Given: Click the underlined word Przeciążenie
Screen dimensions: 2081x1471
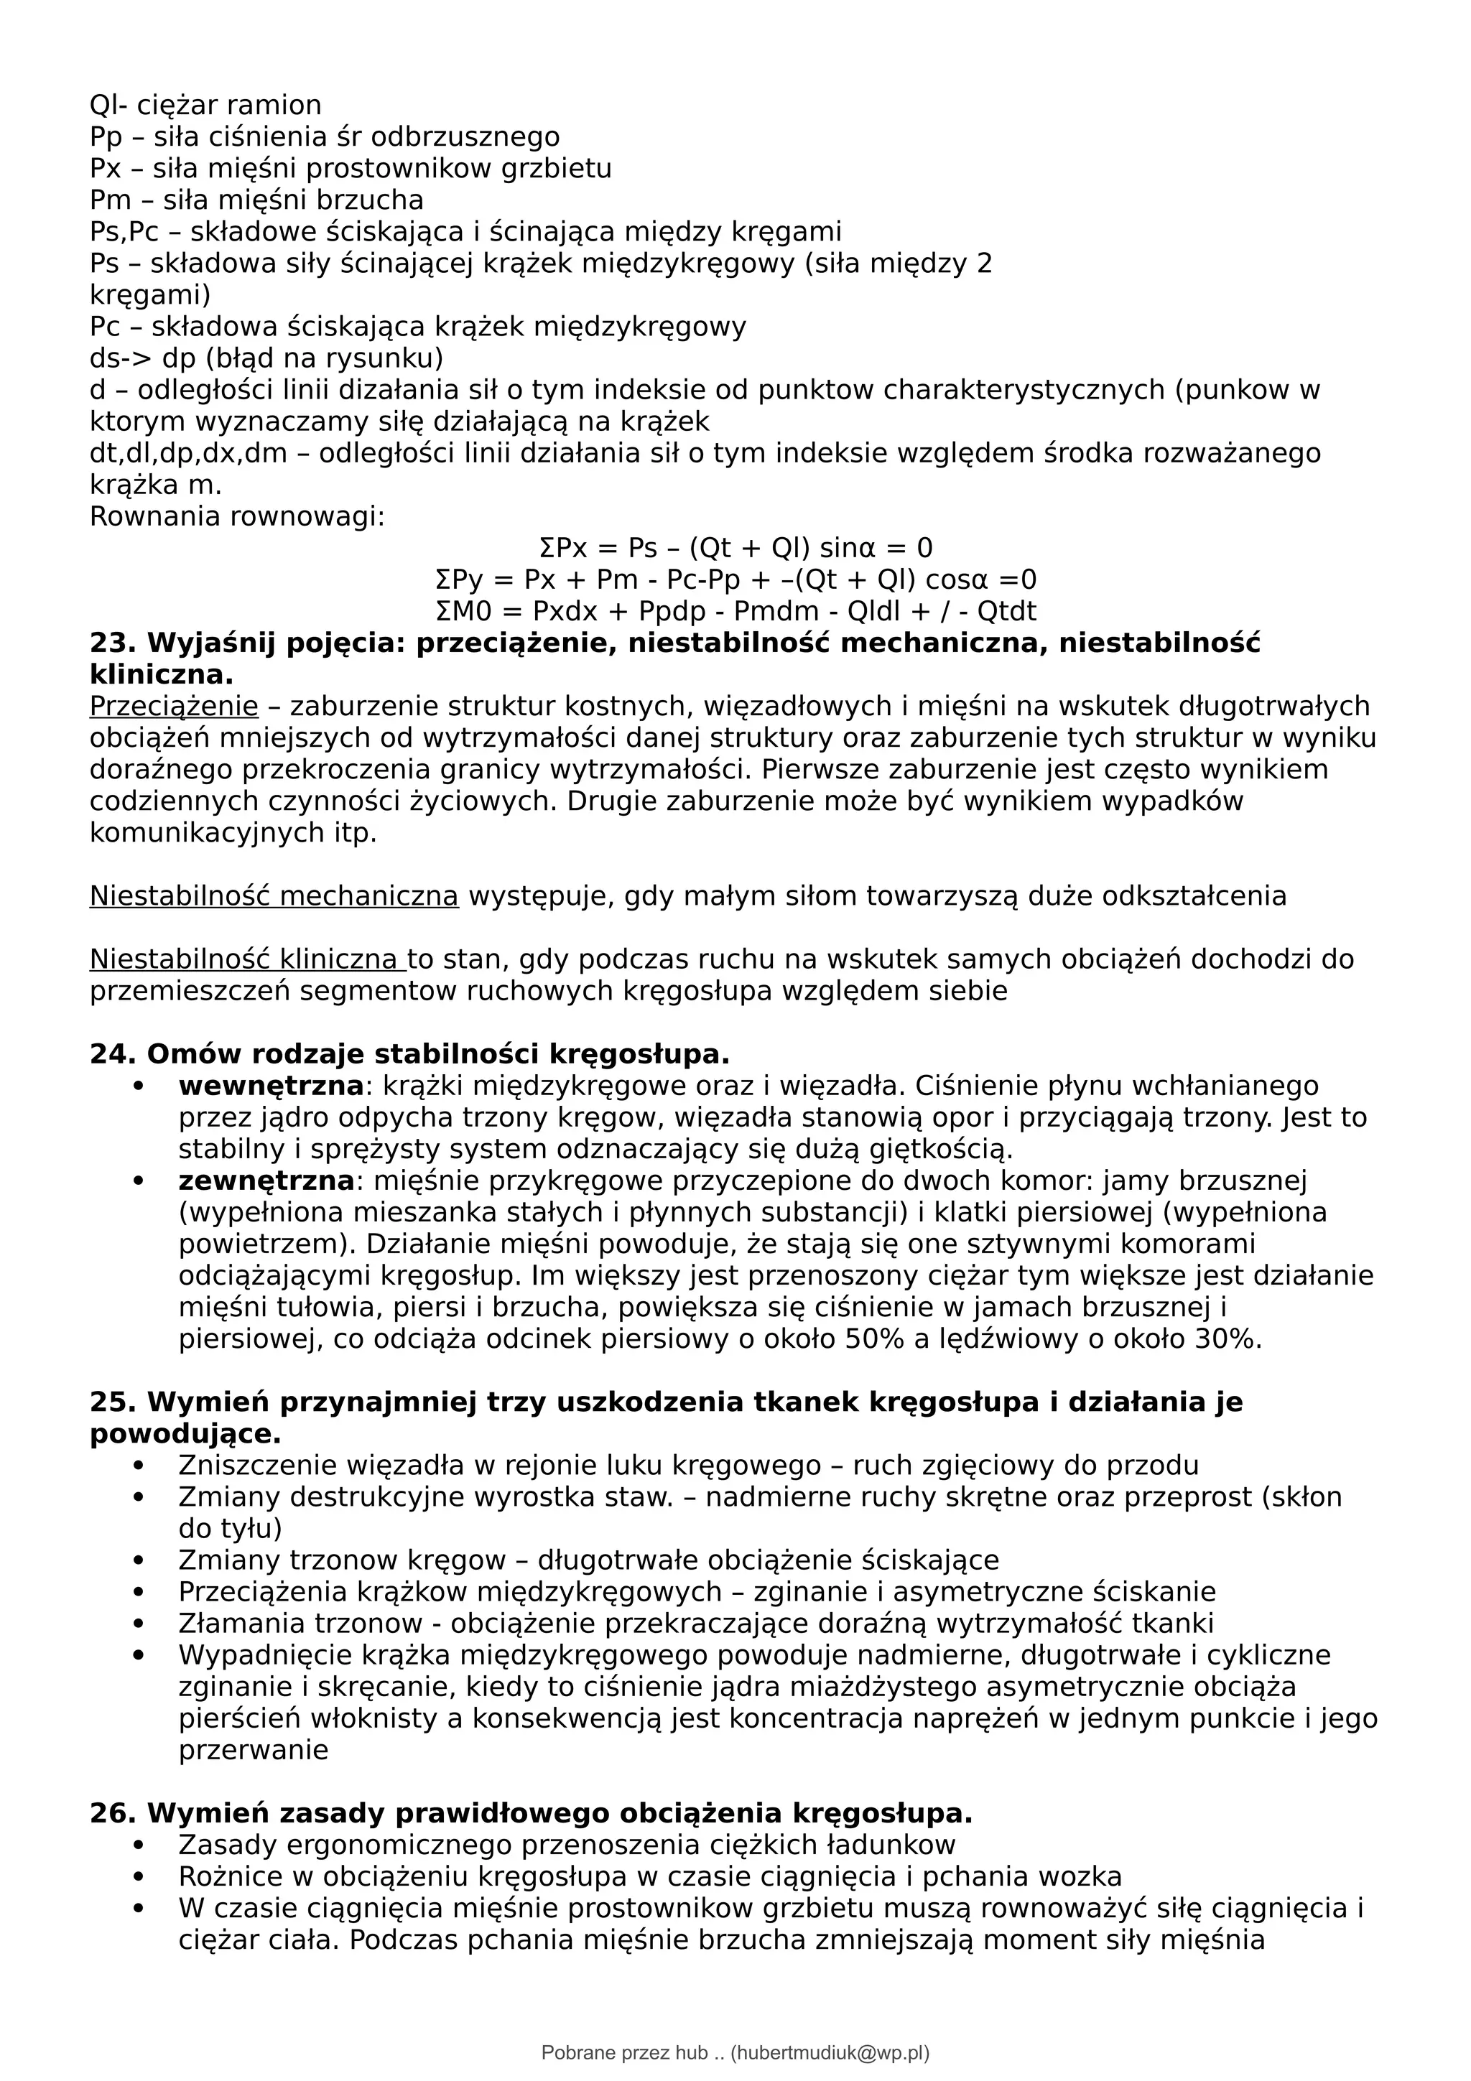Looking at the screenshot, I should [173, 706].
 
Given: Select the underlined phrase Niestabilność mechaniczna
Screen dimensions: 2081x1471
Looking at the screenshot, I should [274, 896].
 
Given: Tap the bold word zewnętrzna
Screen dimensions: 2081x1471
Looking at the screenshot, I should [266, 1181].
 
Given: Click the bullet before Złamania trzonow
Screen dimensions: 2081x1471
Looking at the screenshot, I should [138, 1624].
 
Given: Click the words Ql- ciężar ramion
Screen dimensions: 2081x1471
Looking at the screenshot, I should [205, 105].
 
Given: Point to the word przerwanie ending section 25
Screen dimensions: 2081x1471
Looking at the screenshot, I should [253, 1750].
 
